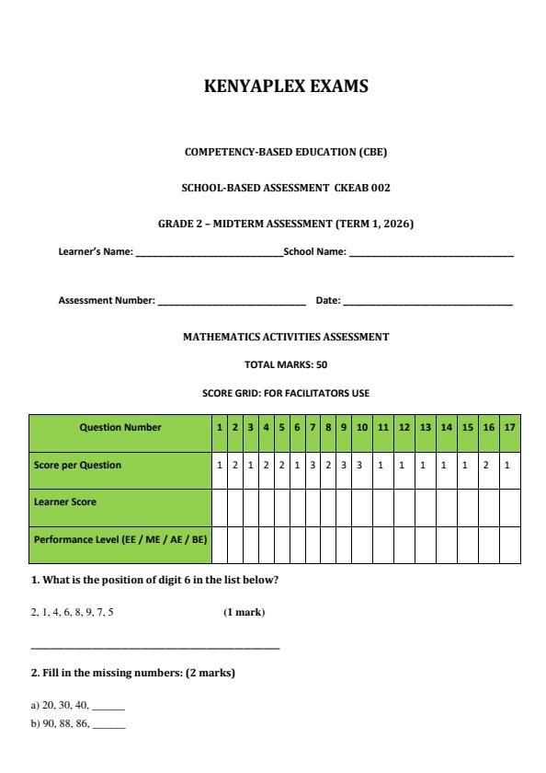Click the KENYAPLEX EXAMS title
click(x=285, y=87)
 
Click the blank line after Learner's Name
click(x=209, y=252)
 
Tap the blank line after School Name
click(x=430, y=252)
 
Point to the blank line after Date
click(x=427, y=302)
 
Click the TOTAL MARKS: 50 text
click(x=285, y=364)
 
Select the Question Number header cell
click(x=120, y=427)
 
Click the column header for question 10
click(x=361, y=427)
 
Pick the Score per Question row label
click(x=77, y=466)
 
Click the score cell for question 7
click(x=313, y=466)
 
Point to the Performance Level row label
click(x=119, y=540)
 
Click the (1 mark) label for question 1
click(x=245, y=612)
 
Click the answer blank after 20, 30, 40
click(x=108, y=706)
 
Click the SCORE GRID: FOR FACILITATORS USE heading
click(x=285, y=393)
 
